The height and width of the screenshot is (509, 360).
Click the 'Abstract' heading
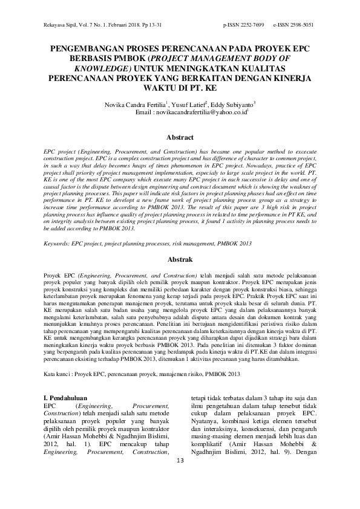point(180,138)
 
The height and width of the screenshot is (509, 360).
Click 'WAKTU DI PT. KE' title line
point(180,88)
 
